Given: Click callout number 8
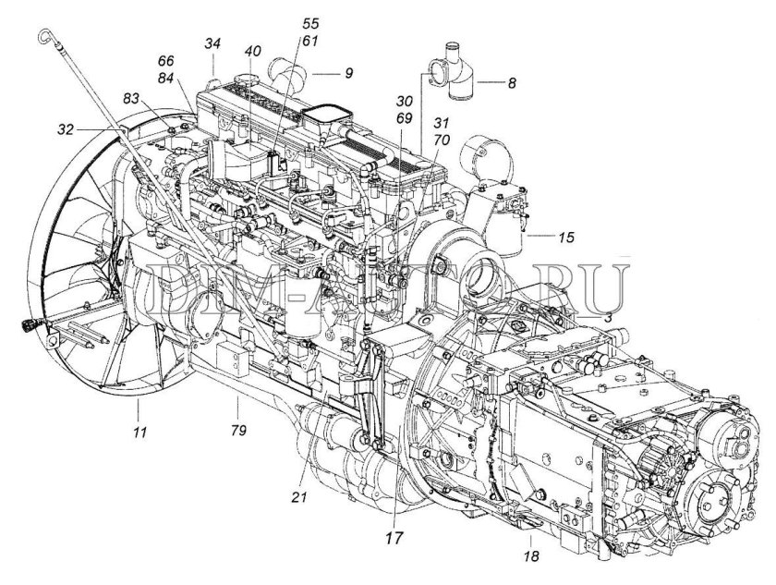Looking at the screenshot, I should [511, 82].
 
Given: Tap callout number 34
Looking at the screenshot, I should [213, 43].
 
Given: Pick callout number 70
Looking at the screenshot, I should [440, 140].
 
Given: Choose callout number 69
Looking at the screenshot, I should [403, 119].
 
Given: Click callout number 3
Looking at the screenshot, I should [609, 317].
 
